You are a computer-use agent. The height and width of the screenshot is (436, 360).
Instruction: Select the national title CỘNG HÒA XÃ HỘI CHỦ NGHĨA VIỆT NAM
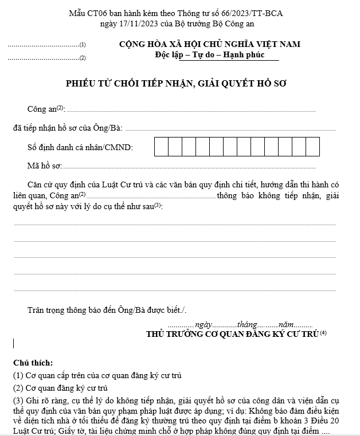pyautogui.click(x=209, y=45)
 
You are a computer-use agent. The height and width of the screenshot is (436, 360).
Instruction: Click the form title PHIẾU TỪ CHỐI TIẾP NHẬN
pyautogui.click(x=176, y=84)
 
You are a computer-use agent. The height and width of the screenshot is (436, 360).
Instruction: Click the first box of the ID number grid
pyautogui.click(x=161, y=147)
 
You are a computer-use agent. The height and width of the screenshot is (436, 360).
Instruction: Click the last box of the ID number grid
pyautogui.click(x=312, y=147)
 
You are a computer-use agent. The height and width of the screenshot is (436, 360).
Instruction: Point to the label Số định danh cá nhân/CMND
pyautogui.click(x=80, y=148)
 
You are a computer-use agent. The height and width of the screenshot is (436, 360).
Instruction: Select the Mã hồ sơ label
pyautogui.click(x=44, y=167)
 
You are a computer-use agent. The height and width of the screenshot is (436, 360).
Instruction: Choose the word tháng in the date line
pyautogui.click(x=247, y=324)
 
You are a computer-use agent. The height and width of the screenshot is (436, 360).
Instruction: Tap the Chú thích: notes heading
pyautogui.click(x=33, y=363)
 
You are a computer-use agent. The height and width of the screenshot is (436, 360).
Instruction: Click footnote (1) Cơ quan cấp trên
pyautogui.click(x=97, y=376)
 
